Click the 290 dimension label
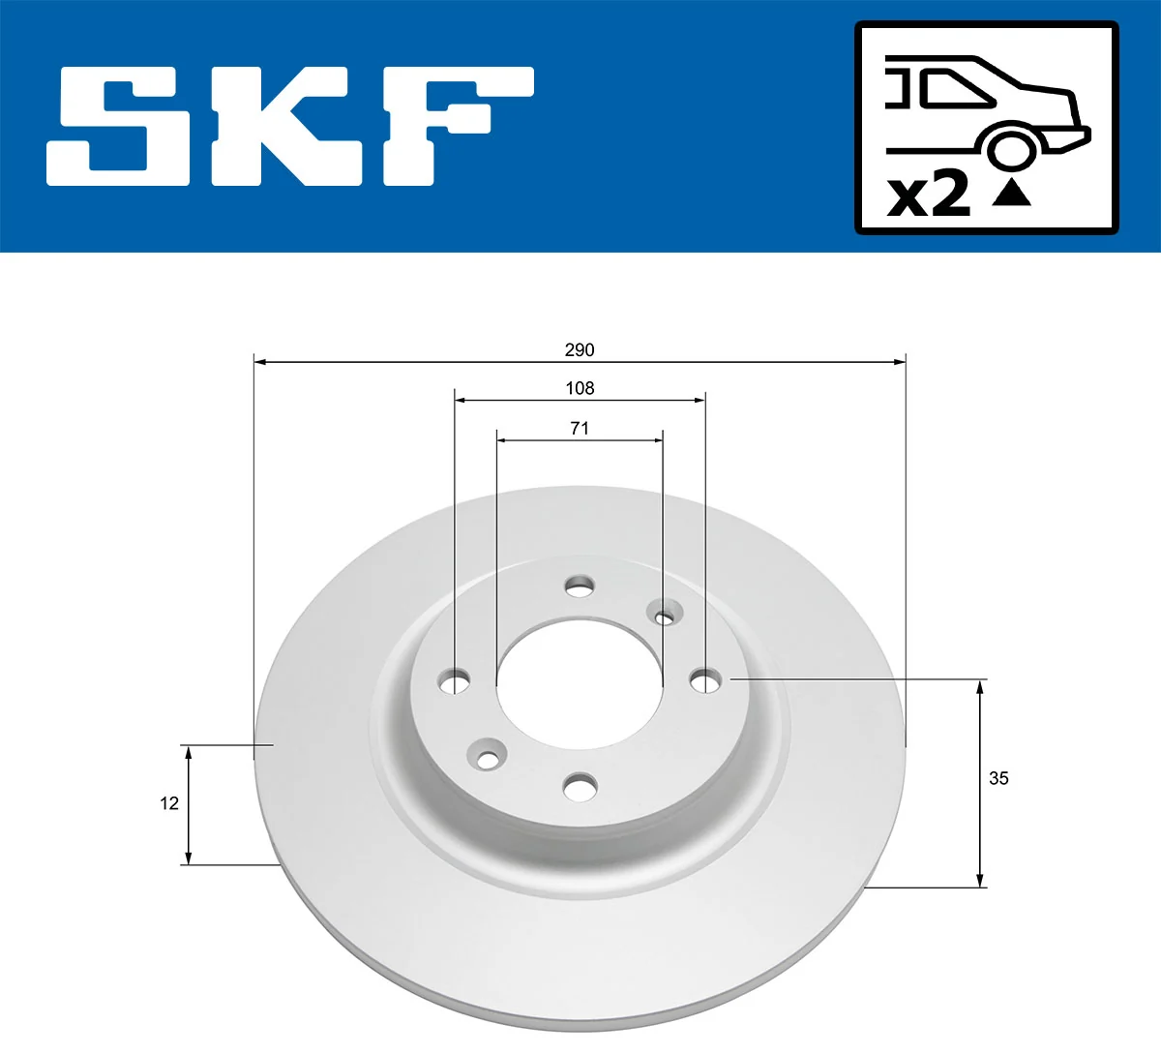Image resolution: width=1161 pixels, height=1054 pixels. click(x=580, y=349)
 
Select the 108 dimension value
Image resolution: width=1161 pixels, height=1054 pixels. click(x=580, y=388)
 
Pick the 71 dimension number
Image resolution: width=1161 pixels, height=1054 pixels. click(x=580, y=428)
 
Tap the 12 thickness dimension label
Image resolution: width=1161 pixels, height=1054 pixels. click(x=169, y=803)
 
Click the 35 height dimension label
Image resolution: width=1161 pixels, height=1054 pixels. click(x=998, y=778)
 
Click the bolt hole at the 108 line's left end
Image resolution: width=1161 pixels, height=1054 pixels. click(x=455, y=682)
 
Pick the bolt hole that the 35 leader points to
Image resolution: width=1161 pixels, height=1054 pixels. click(x=705, y=681)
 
